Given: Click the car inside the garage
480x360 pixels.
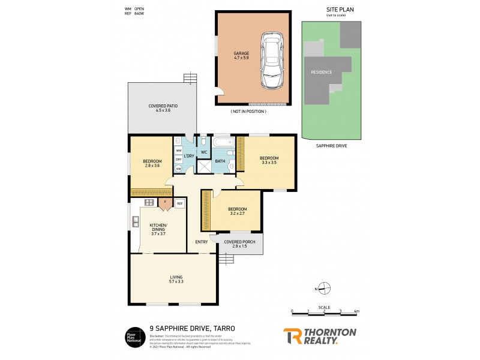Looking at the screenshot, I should click(x=272, y=61).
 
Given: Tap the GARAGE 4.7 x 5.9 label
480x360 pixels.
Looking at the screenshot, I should click(x=241, y=56).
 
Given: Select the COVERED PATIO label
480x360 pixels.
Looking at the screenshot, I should click(x=163, y=109).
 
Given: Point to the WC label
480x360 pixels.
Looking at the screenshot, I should click(x=203, y=152).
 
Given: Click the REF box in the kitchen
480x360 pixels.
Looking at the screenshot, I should click(x=179, y=204).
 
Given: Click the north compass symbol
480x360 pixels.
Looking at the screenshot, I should click(x=324, y=289).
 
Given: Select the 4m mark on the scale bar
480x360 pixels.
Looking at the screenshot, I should click(x=356, y=312).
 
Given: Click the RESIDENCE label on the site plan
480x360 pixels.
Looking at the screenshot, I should click(x=321, y=72).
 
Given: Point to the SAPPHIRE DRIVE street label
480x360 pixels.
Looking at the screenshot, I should click(x=331, y=146).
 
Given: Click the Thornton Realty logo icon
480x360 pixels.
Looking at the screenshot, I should click(x=292, y=336).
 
